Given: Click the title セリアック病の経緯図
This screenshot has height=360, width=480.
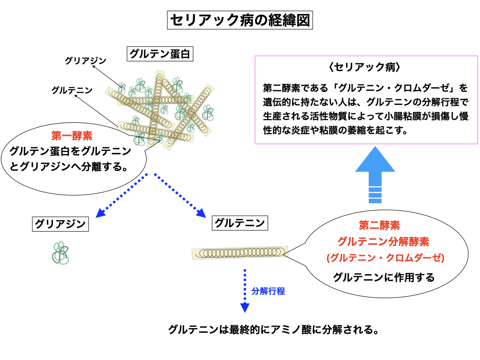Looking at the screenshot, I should (x=240, y=21).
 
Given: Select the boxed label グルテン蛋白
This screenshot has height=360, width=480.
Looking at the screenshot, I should (x=159, y=54).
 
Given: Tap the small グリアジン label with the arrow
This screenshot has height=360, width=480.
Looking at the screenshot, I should (x=85, y=60).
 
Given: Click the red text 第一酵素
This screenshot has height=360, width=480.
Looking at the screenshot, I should (x=72, y=136).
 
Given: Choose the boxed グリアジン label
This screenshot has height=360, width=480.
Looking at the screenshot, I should (x=60, y=224).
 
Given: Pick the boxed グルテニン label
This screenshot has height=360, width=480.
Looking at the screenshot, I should (x=240, y=223).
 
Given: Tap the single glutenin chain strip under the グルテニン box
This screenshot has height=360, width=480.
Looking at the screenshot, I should (x=240, y=252).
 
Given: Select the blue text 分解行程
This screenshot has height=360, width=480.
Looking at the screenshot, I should (x=268, y=291).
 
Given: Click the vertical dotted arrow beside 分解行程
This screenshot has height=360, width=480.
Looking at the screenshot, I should (x=244, y=291).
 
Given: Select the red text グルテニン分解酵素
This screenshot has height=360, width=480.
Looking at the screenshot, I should (x=383, y=241).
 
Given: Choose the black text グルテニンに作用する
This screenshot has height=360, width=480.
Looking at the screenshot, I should (x=384, y=277).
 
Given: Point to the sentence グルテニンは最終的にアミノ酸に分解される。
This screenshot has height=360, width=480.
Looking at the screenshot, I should (x=273, y=330).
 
